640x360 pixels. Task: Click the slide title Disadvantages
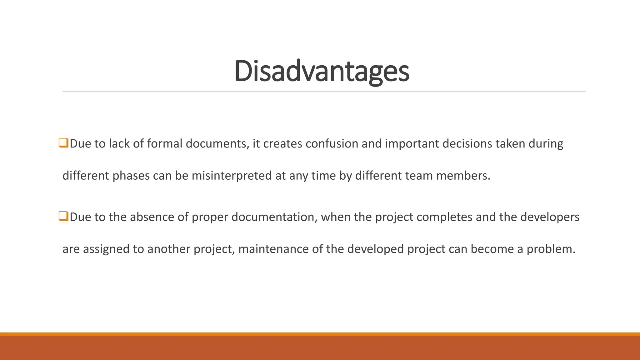point(322,71)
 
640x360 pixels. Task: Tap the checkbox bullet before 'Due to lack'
point(63,143)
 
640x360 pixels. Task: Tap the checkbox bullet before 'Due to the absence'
point(63,216)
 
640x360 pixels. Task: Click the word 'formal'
point(164,144)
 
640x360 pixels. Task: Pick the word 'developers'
point(550,217)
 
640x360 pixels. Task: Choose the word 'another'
point(169,249)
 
